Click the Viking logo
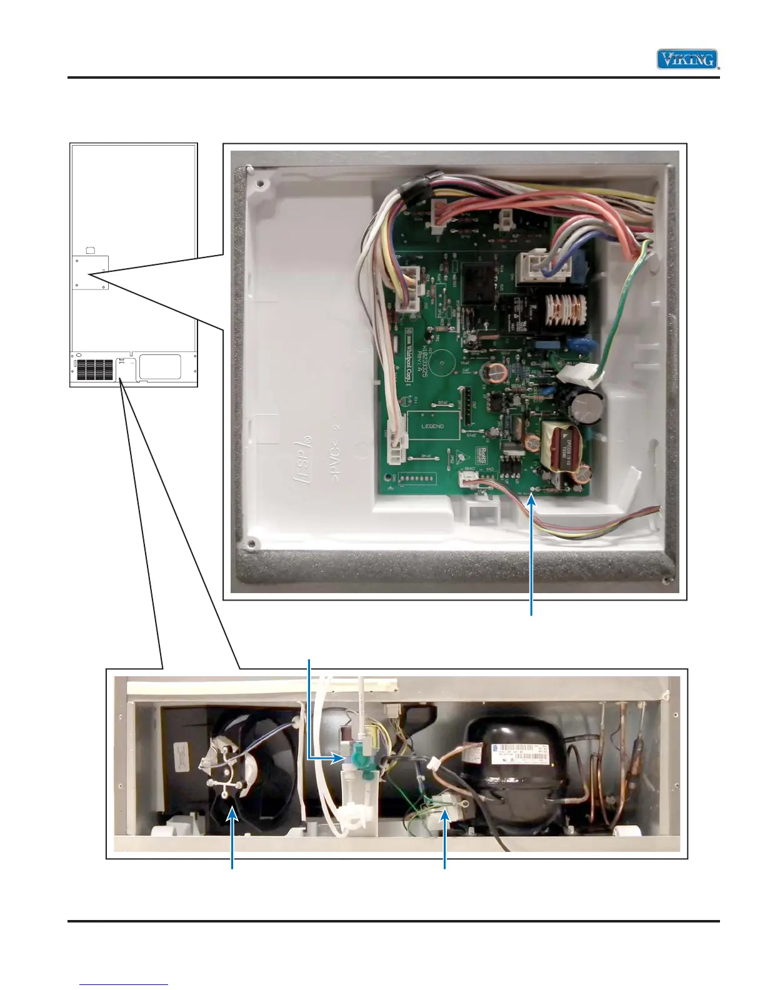point(687,59)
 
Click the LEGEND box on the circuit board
point(433,426)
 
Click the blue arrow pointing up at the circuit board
point(532,550)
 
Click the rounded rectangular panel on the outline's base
point(160,367)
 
